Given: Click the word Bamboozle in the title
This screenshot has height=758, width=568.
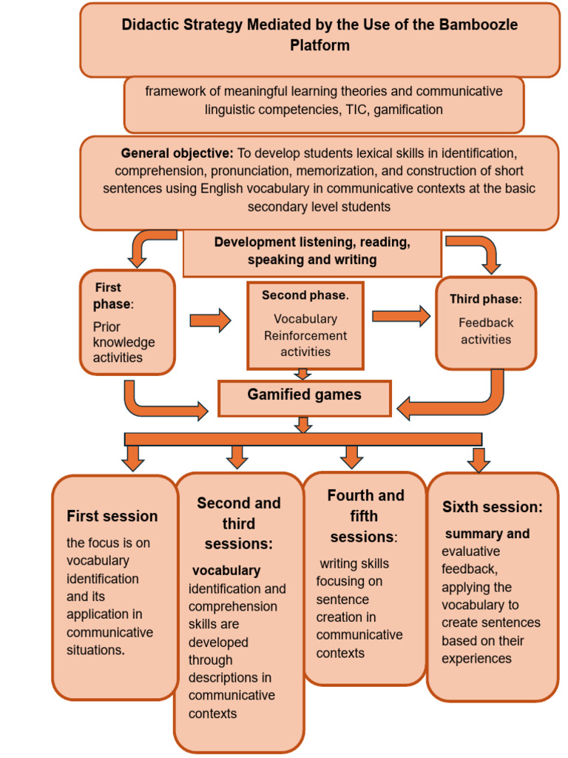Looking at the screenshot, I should click(476, 24).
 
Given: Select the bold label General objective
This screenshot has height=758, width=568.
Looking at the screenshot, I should click(177, 154).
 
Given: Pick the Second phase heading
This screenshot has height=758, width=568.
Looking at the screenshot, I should click(305, 295).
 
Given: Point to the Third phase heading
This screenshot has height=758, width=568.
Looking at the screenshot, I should click(485, 299).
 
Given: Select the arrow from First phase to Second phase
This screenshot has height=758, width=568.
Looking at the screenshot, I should click(210, 321).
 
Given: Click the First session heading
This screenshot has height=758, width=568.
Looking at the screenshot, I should click(112, 516).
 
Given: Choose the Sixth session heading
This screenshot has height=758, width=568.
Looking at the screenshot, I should click(493, 507).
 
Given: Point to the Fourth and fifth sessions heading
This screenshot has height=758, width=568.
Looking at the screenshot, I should click(365, 516).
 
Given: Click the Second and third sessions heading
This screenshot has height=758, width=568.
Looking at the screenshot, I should click(239, 523).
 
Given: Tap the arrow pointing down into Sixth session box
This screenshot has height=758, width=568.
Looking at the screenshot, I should click(479, 460).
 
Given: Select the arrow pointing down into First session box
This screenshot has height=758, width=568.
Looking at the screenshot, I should click(133, 458).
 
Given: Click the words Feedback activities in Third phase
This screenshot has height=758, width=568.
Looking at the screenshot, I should click(486, 331).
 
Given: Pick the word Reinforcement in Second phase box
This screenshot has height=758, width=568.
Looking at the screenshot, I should click(305, 335).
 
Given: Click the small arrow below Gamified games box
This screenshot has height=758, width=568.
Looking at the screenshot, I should click(303, 425).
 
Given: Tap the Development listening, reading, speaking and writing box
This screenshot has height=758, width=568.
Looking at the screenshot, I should click(312, 252).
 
